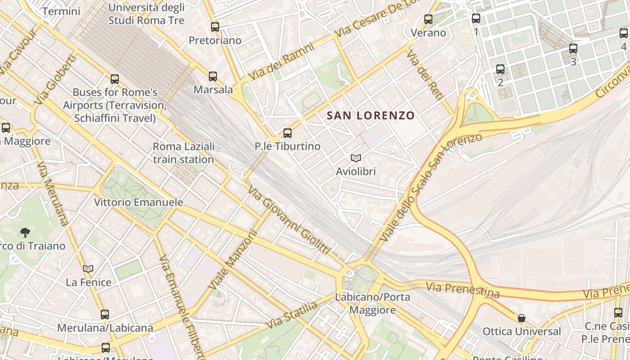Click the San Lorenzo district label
(x=370, y=116)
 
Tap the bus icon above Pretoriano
(x=215, y=27)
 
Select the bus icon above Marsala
(x=213, y=76)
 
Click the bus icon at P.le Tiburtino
(x=288, y=133)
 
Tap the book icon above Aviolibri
(x=356, y=158)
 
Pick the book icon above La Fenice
(x=88, y=269)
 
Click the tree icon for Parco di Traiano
(x=25, y=233)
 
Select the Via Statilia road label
(x=291, y=315)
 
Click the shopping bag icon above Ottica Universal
(x=521, y=319)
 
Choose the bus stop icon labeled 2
(x=500, y=70)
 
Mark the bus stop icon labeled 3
(x=573, y=49)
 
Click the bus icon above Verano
(x=428, y=19)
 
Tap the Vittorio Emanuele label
(x=139, y=202)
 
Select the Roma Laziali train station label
(x=183, y=153)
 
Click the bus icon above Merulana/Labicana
(x=105, y=315)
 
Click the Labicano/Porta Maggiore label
(x=372, y=303)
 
